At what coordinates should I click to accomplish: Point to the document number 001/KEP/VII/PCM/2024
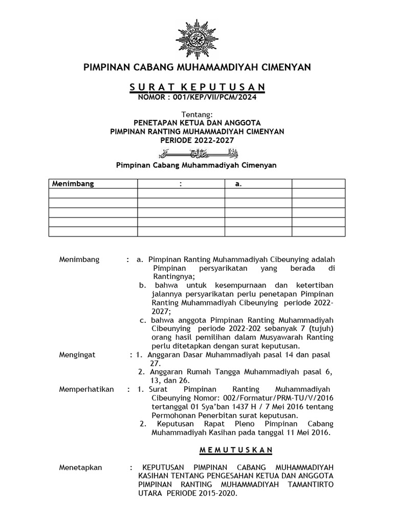217,97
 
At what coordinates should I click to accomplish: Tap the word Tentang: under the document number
197,114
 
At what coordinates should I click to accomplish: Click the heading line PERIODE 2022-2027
197,139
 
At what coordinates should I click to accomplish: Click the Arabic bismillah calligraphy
197,153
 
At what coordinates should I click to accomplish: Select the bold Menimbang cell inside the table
72,184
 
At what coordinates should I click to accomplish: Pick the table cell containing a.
238,184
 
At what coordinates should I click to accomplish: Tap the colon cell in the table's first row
181,184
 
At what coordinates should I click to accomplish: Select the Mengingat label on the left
77,355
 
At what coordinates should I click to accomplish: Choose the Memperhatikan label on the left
86,389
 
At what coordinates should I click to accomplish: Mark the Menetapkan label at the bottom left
81,467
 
